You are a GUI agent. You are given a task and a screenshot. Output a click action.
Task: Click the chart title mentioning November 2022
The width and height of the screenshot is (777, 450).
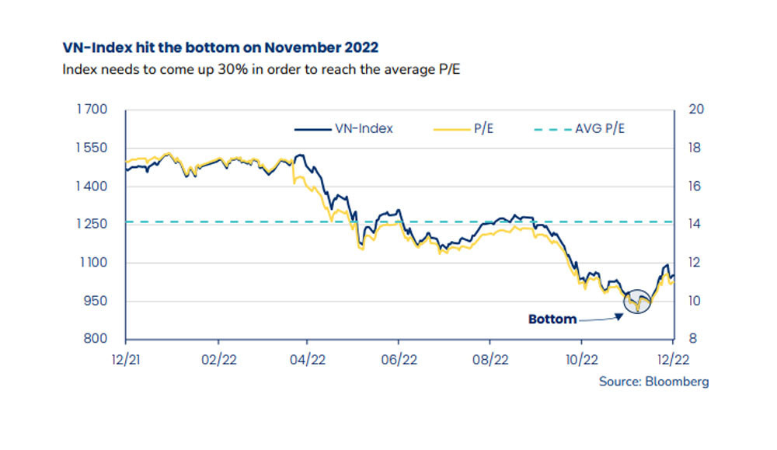[x=221, y=48]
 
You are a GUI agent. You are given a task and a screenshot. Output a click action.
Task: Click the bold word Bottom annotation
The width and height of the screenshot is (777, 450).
[x=552, y=319]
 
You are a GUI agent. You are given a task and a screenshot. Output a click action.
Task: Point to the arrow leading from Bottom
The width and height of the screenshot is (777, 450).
[x=601, y=317]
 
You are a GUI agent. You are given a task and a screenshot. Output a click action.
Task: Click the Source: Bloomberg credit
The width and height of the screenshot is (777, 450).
[x=653, y=382]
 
